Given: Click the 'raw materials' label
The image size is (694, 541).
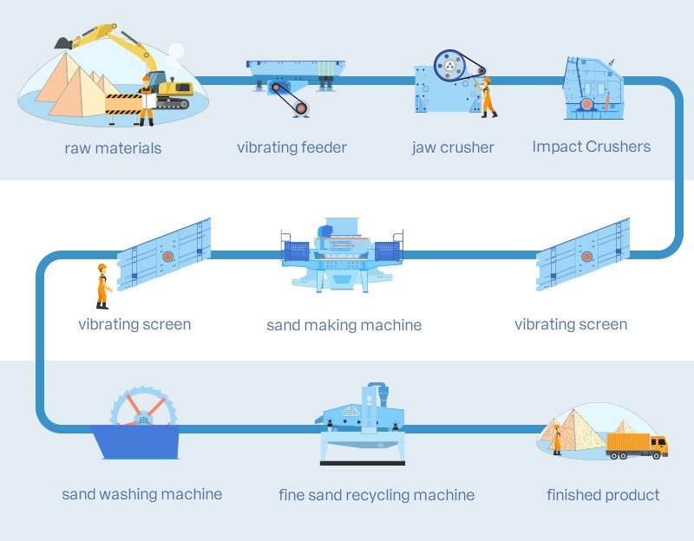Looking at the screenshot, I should pyautogui.click(x=113, y=148).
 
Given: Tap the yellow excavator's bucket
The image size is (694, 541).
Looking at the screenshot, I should pyautogui.click(x=62, y=42).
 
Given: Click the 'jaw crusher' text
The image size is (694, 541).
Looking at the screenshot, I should pyautogui.click(x=453, y=147).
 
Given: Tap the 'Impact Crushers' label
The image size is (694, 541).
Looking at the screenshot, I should pyautogui.click(x=591, y=147).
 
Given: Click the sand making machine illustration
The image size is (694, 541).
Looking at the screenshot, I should pyautogui.click(x=342, y=257).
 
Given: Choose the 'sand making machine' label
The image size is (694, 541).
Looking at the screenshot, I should pyautogui.click(x=344, y=325).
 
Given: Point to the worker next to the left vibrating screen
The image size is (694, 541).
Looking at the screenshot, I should pyautogui.click(x=102, y=285).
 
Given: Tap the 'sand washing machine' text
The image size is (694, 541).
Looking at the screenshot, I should pyautogui.click(x=141, y=494).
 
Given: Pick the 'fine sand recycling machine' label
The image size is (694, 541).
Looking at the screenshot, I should pyautogui.click(x=376, y=495).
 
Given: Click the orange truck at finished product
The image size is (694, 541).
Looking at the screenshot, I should pyautogui.click(x=636, y=443).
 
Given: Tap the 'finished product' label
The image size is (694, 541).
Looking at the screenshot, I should pyautogui.click(x=603, y=495).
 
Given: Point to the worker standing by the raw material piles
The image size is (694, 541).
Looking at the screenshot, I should pyautogui.click(x=147, y=100).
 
